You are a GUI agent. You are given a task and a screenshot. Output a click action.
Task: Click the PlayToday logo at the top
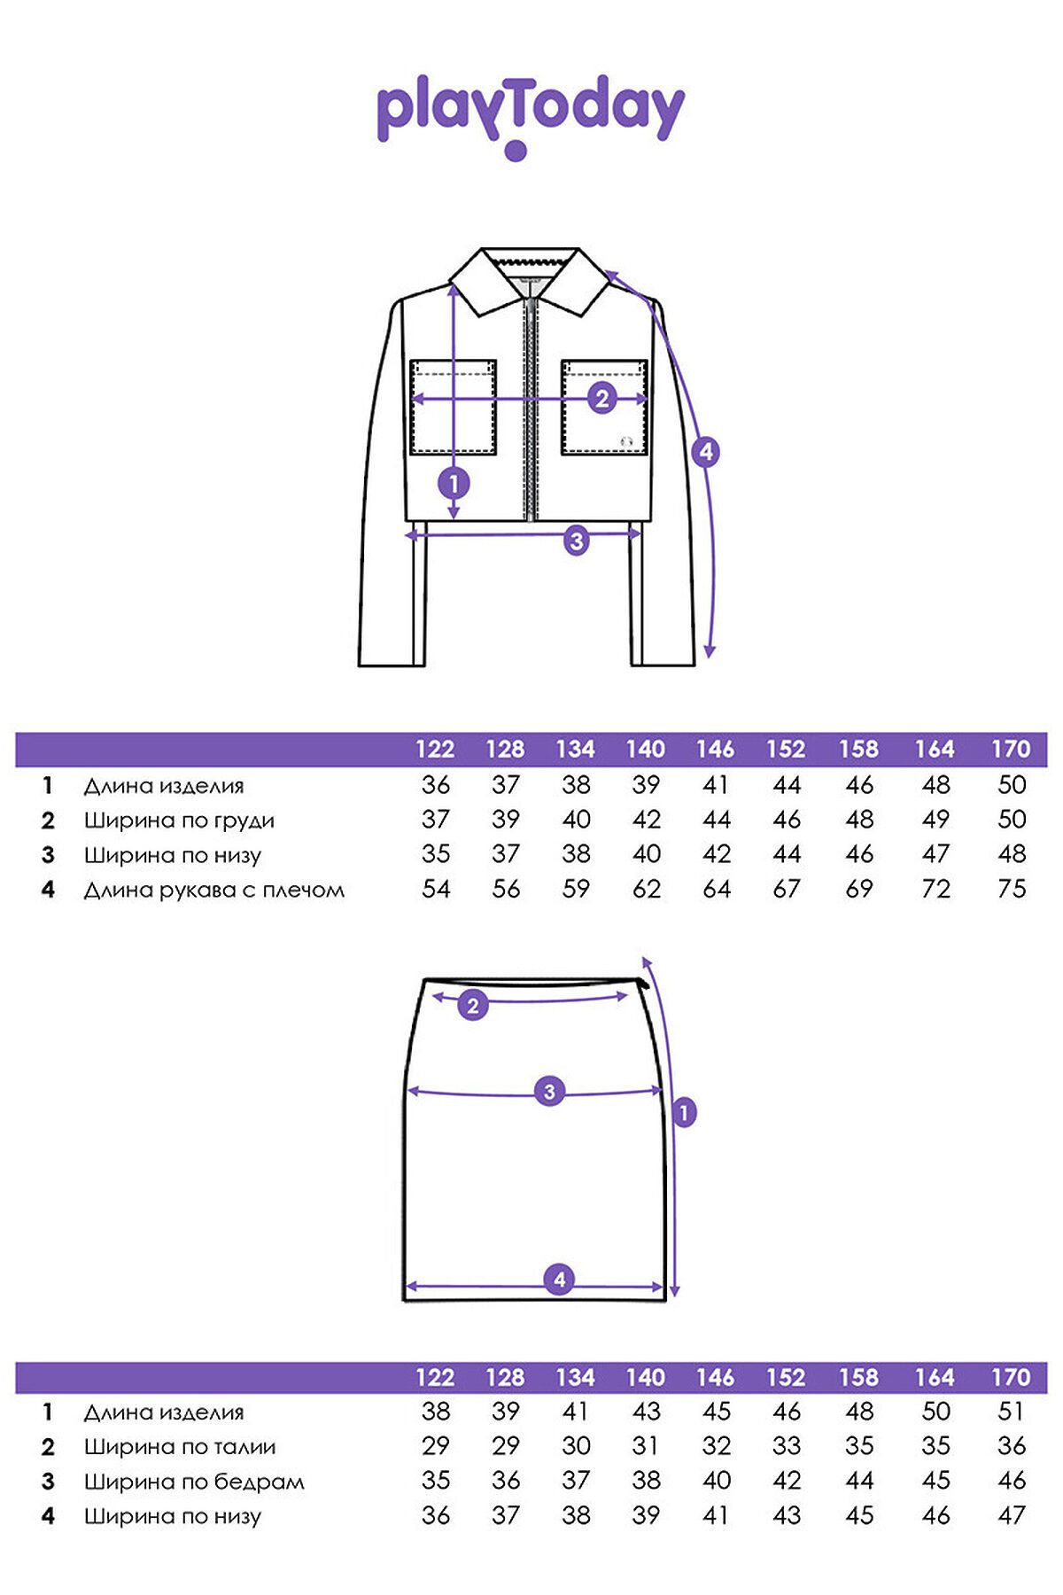coord(531,115)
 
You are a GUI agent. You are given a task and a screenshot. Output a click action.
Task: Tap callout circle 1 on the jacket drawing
coord(454,484)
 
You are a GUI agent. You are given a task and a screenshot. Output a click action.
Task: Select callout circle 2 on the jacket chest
coord(602,399)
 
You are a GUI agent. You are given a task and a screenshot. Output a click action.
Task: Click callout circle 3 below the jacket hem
coord(577,540)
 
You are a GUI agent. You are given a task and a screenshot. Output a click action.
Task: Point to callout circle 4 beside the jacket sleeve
coord(706,452)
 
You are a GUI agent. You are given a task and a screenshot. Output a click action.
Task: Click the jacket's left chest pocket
coord(453,408)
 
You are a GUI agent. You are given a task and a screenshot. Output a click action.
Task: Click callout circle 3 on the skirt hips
coord(549,1091)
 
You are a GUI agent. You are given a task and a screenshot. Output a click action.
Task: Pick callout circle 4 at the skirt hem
coord(559,1280)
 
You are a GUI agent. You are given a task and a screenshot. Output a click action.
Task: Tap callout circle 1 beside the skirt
coord(684,1112)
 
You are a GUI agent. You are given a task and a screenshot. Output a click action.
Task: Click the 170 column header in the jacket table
coord(1011,750)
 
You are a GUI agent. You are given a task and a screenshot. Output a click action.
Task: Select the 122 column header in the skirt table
coord(435,1378)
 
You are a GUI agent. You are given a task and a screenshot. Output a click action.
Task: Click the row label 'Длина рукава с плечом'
coord(214,890)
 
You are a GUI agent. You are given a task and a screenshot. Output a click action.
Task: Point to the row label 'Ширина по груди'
coord(179,821)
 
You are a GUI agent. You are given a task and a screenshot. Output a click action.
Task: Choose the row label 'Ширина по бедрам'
coord(194,1482)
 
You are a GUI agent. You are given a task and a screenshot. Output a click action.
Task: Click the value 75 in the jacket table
coord(1011,889)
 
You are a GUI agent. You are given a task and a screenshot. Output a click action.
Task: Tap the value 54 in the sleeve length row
coord(436,889)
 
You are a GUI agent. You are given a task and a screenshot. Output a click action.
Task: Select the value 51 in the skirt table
coord(1011,1412)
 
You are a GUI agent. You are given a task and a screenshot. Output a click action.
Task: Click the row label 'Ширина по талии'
coord(180,1447)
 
